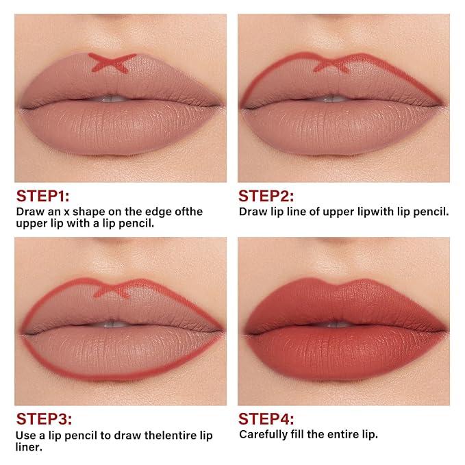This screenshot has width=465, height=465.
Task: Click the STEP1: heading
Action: pyautogui.click(x=42, y=196)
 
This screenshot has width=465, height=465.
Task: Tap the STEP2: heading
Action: pyautogui.click(x=266, y=196)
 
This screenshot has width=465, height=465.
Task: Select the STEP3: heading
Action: pyautogui.click(x=44, y=419)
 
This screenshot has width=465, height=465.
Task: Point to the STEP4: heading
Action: pyautogui.click(x=266, y=419)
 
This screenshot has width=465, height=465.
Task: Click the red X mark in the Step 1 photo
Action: pyautogui.click(x=112, y=63)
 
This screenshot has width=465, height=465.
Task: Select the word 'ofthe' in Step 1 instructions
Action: pyautogui.click(x=188, y=212)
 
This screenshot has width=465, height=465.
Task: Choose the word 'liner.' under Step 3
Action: pyautogui.click(x=29, y=447)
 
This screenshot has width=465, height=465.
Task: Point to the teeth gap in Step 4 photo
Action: pyautogui.click(x=336, y=324)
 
